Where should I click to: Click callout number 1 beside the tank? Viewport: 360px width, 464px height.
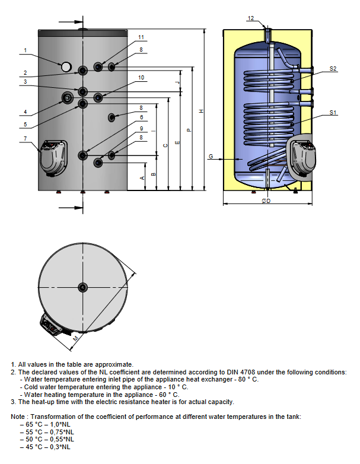[25, 50]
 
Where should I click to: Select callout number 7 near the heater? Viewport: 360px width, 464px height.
[25, 139]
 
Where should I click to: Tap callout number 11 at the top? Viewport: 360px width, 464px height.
[141, 37]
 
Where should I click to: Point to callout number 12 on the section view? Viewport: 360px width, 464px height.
[250, 19]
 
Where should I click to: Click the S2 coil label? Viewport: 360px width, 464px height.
[333, 69]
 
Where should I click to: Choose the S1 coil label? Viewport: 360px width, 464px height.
[333, 113]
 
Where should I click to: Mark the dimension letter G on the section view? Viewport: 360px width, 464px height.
[211, 157]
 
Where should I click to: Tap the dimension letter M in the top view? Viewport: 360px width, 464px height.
[75, 338]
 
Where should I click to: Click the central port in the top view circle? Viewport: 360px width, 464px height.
[82, 288]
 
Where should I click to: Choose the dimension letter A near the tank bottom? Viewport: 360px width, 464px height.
[142, 177]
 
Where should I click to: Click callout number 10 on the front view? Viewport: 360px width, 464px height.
[141, 78]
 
